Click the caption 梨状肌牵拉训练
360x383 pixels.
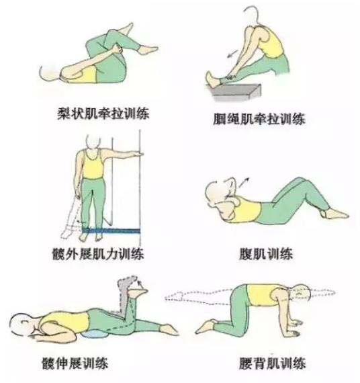pos(103,114)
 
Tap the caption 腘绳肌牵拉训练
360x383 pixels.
pos(259,119)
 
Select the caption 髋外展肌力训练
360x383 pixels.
pos(98,254)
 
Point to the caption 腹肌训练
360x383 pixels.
pos(266,254)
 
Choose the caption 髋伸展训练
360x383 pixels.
pos(75,364)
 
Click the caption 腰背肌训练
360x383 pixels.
pos(272,364)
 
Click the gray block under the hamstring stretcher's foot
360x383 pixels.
pos(234,92)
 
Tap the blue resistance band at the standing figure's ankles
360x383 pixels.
pos(111,230)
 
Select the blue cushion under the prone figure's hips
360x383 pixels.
pos(96,334)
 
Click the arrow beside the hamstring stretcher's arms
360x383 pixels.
pos(232,54)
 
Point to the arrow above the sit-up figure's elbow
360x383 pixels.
pos(244,183)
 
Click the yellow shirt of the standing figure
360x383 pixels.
pos(92,164)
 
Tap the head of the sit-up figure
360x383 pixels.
pos(214,194)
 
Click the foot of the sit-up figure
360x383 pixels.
pos(336,214)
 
